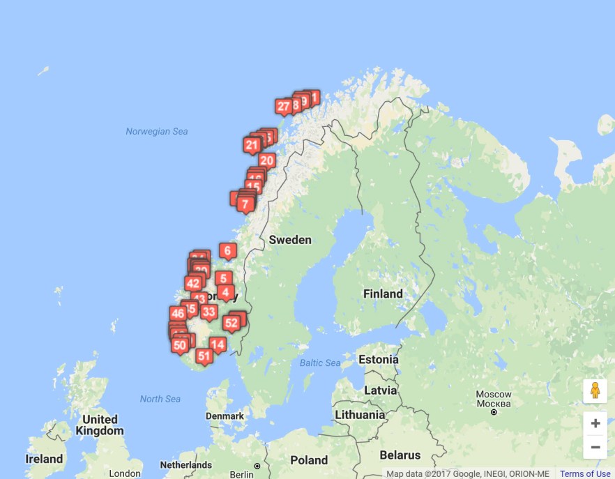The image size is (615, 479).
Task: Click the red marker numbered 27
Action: tap(283, 107)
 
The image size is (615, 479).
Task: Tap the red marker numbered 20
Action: tap(266, 160)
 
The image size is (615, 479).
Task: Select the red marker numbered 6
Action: tap(227, 250)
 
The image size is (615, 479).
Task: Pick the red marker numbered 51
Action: tap(204, 356)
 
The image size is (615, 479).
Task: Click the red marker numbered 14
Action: tap(218, 344)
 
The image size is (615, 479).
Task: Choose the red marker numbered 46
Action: tap(178, 314)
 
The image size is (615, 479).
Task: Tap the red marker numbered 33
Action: tap(208, 312)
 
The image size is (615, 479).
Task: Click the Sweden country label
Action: tap(290, 239)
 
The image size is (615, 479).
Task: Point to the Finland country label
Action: tap(383, 294)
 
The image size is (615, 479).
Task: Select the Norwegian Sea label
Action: tap(157, 131)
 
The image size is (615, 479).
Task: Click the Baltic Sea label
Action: tap(320, 363)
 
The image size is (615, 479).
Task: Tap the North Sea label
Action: tap(160, 399)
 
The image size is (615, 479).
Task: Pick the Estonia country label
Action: tap(378, 360)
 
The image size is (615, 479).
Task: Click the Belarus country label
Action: tap(400, 455)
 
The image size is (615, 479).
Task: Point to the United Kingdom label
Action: tap(100, 425)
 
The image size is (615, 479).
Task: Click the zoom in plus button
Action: tap(595, 423)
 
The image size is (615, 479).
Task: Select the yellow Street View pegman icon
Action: tap(595, 390)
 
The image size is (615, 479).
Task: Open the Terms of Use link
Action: tap(585, 474)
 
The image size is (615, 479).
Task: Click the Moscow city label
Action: tap(494, 395)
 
